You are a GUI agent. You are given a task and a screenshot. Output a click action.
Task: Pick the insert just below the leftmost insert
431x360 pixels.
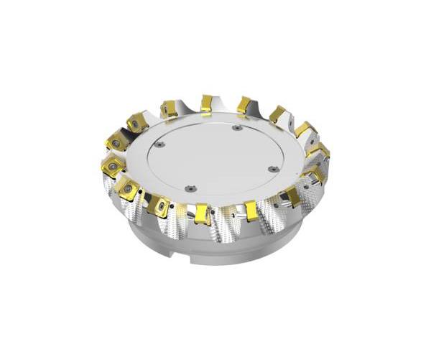pyautogui.click(x=128, y=188)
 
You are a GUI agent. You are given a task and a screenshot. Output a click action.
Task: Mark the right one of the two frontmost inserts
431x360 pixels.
pyautogui.click(x=251, y=210)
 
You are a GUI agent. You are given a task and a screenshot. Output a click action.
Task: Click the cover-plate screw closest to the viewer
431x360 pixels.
pyautogui.click(x=190, y=188)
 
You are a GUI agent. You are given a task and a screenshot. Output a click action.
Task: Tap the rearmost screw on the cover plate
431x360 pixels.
pyautogui.click(x=236, y=128)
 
